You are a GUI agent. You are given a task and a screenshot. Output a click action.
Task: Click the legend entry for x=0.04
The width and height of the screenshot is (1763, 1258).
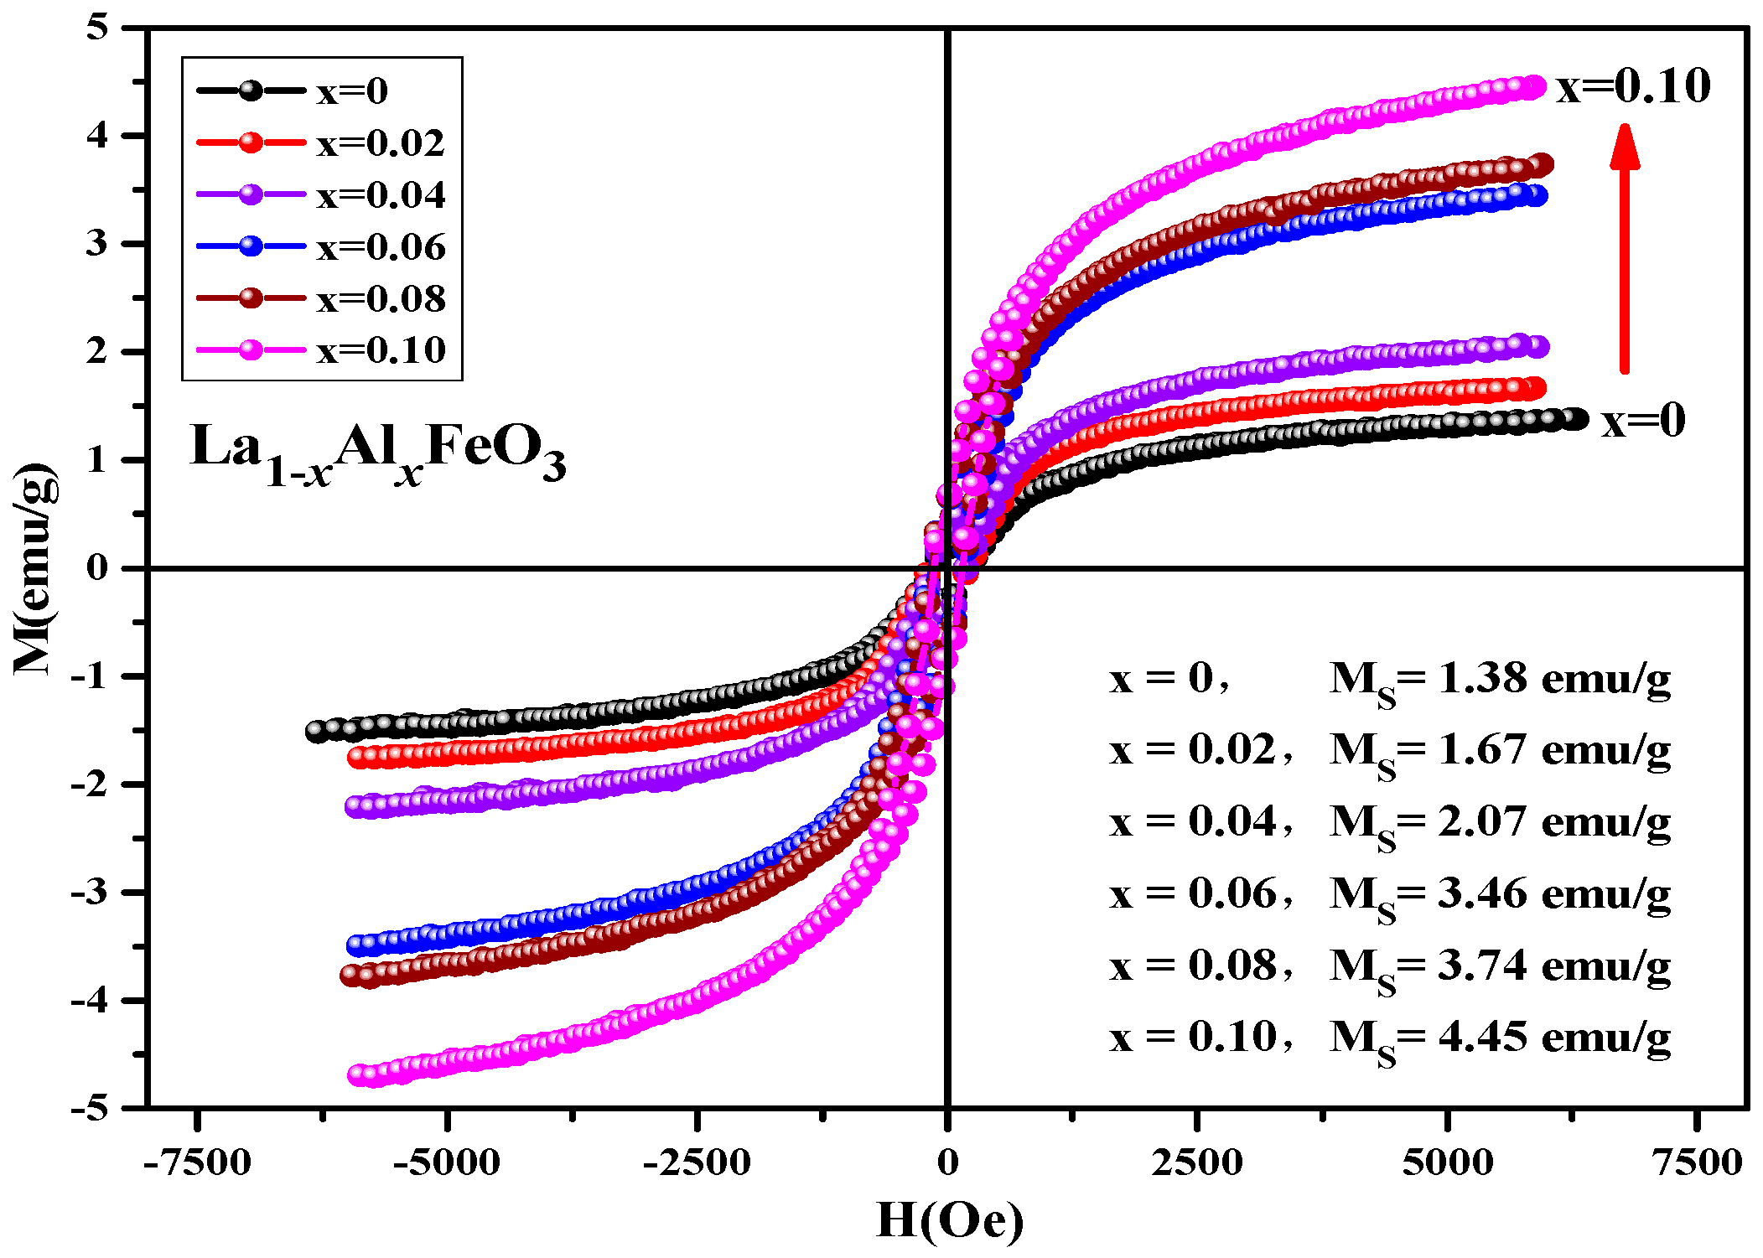321,194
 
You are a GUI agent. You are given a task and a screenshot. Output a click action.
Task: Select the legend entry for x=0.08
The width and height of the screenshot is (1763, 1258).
321,298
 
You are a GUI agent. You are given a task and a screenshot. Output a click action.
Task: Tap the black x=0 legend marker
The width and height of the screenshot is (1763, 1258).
250,91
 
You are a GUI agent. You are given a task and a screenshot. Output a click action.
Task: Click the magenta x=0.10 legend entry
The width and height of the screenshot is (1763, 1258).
321,350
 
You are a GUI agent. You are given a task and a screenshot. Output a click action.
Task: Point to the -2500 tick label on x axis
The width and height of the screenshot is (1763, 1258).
697,1163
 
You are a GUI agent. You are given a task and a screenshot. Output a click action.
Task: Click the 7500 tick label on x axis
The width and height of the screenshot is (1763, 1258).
1698,1163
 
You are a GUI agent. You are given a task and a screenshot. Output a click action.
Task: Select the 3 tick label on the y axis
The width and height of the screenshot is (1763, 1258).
98,244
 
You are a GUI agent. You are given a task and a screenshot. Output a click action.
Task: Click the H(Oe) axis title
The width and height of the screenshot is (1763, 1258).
950,1220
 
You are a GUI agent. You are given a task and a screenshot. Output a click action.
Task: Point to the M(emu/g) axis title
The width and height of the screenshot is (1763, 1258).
35,568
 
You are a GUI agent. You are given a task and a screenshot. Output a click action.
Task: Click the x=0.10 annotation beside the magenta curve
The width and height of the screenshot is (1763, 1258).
1632,86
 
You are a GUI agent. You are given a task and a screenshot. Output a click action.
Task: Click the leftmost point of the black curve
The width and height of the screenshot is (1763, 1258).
316,731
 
